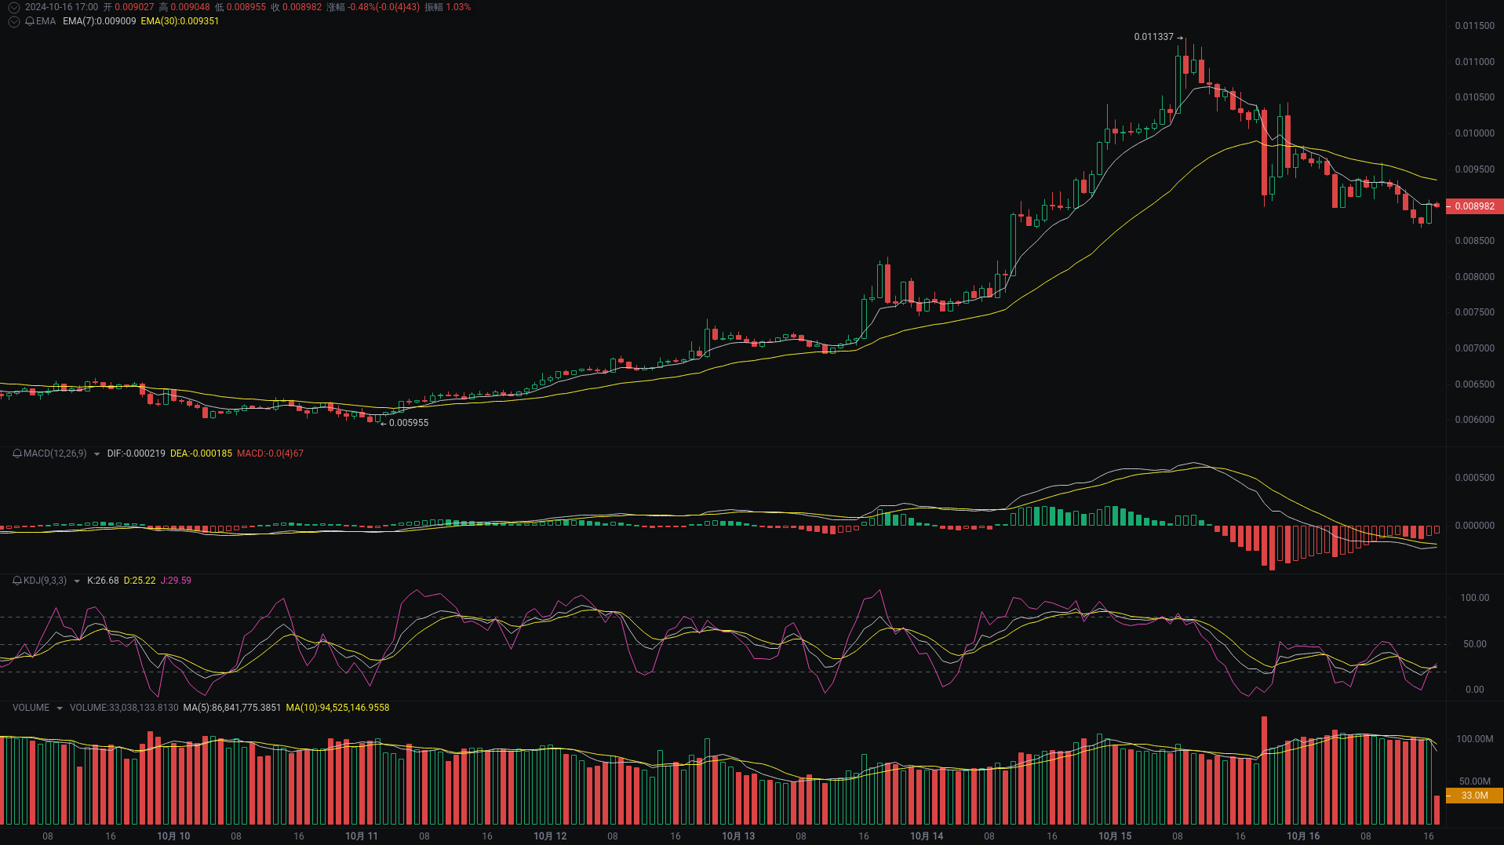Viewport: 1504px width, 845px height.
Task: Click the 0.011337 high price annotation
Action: pyautogui.click(x=1153, y=37)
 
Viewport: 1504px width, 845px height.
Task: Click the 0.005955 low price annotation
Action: pyautogui.click(x=409, y=423)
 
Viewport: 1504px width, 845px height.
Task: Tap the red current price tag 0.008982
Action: pyautogui.click(x=1474, y=206)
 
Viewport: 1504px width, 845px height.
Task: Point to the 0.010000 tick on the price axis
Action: pyautogui.click(x=1474, y=133)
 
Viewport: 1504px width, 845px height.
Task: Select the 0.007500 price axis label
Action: pyautogui.click(x=1474, y=312)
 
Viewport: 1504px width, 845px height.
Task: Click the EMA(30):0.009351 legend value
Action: pyautogui.click(x=180, y=21)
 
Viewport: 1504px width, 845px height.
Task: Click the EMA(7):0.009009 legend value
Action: pyautogui.click(x=99, y=21)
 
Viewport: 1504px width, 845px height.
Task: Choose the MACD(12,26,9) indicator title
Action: pyautogui.click(x=55, y=453)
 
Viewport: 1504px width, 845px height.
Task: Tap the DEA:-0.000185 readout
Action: pyautogui.click(x=201, y=453)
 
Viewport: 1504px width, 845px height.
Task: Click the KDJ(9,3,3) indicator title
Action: pyautogui.click(x=45, y=581)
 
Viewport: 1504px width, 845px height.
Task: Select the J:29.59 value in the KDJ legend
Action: pyautogui.click(x=176, y=581)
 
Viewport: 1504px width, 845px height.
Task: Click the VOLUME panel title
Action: pyautogui.click(x=31, y=708)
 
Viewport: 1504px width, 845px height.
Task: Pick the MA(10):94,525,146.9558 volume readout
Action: pyautogui.click(x=337, y=708)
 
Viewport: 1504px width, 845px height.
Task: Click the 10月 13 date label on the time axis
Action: pyautogui.click(x=738, y=836)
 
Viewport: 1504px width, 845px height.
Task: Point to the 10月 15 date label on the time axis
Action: pyautogui.click(x=1115, y=836)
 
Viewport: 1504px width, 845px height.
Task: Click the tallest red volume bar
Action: pyautogui.click(x=1264, y=769)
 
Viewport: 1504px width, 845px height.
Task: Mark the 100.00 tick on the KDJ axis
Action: pyautogui.click(x=1474, y=598)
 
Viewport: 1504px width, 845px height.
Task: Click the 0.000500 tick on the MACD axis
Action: pyautogui.click(x=1474, y=478)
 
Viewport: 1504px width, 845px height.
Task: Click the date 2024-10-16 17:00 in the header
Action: pyautogui.click(x=61, y=7)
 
